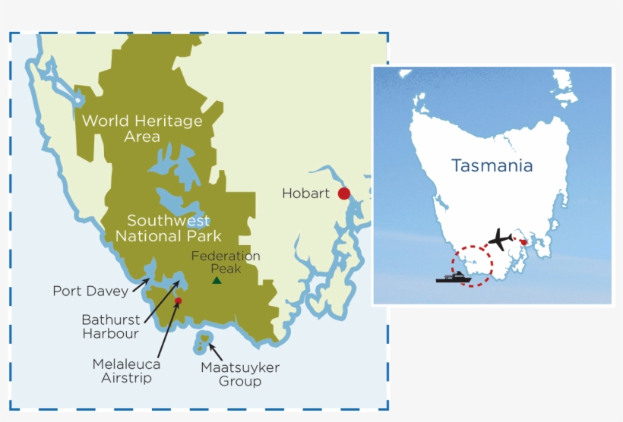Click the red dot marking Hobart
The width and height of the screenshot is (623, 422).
344,194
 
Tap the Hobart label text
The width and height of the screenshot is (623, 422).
305,194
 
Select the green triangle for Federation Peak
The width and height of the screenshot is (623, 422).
217,280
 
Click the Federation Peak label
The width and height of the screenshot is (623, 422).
226,263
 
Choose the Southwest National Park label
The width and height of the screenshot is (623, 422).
168,228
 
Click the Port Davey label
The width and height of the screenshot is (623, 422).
90,291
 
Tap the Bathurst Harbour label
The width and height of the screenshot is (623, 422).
110,326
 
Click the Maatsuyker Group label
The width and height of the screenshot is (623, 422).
240,374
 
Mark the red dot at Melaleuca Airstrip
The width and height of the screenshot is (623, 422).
178,301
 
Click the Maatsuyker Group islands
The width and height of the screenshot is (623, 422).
203,342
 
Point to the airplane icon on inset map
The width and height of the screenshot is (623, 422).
500,239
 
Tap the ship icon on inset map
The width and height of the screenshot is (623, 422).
453,278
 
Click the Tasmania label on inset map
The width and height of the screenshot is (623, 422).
492,165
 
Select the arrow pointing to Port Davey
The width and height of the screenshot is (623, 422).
139,286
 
